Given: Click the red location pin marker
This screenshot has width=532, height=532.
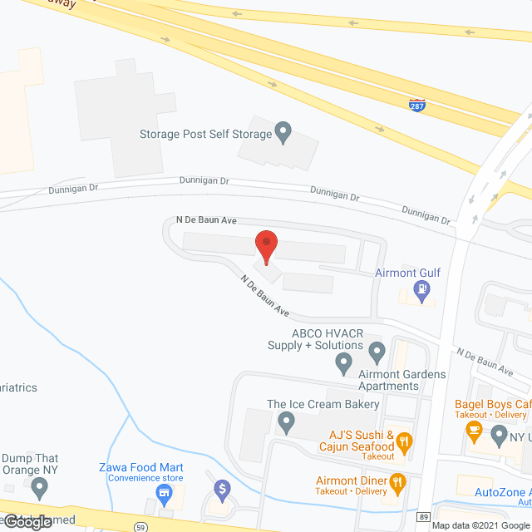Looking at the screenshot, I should [266, 246].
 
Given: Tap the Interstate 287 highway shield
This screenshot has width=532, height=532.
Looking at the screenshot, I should [417, 105].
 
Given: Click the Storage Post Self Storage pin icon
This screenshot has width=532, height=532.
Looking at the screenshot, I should [283, 133].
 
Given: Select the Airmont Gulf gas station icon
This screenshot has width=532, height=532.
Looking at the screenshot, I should [423, 291].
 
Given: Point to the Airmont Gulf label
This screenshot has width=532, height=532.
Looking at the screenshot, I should [407, 273].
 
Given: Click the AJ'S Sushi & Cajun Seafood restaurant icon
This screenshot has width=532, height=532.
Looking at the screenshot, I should [405, 441].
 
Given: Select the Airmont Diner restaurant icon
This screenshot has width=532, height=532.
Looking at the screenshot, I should [397, 481].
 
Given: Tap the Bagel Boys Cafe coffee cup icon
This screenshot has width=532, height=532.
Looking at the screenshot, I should [474, 429].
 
